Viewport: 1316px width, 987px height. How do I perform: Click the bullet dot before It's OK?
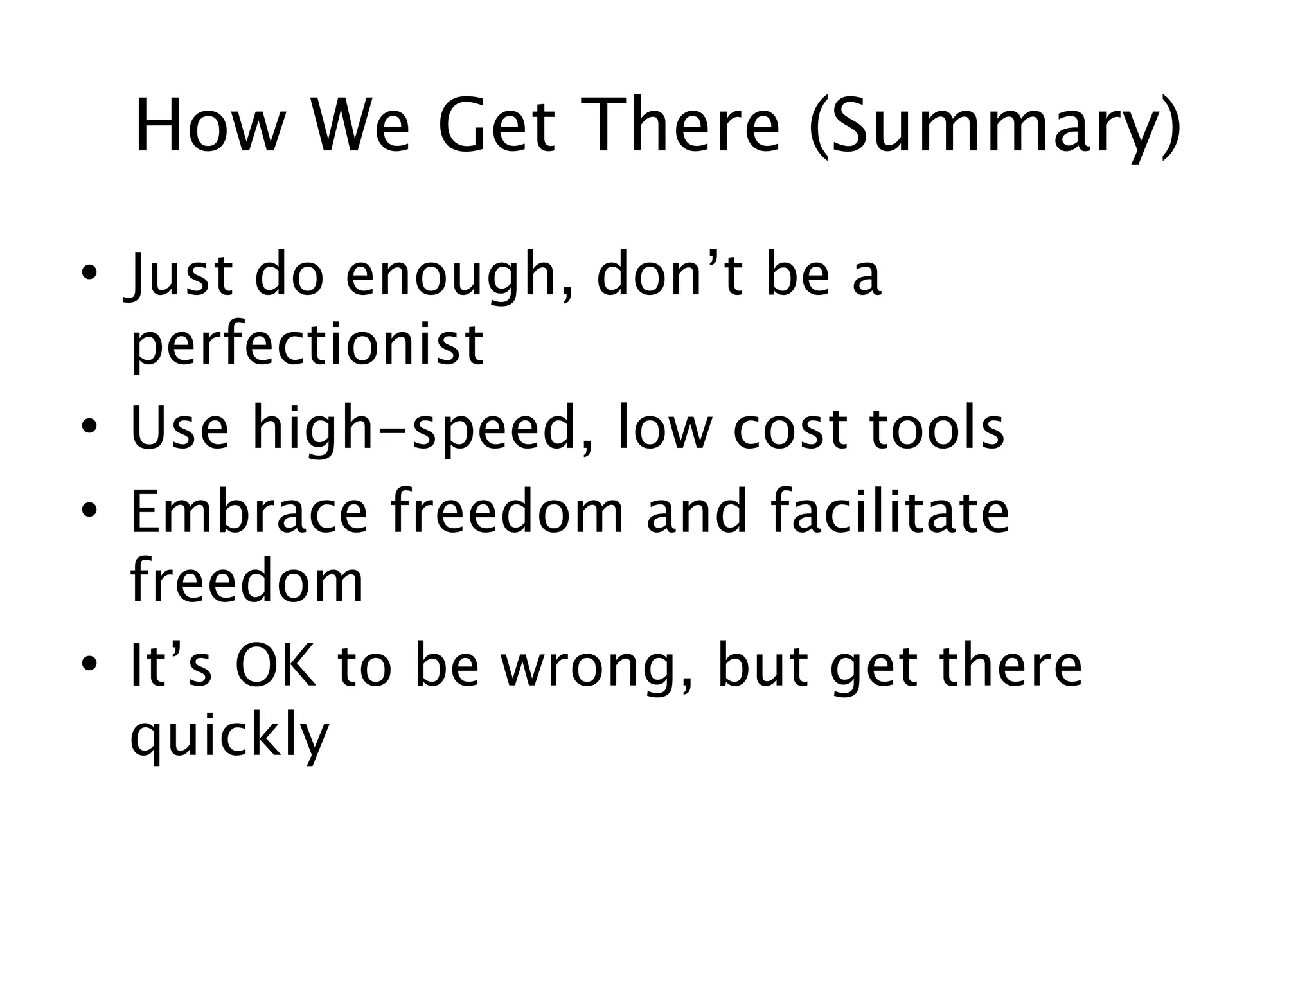click(89, 664)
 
